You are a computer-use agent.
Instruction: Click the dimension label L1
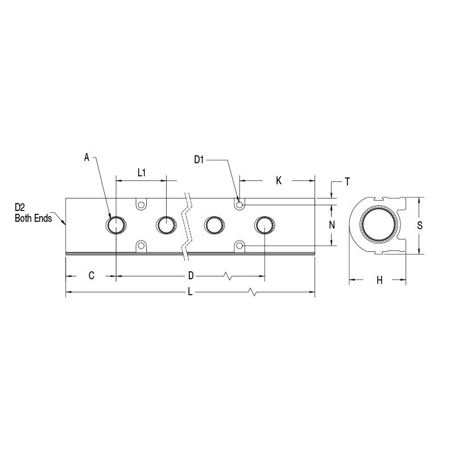(x=141, y=173)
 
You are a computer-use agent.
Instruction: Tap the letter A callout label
(x=86, y=158)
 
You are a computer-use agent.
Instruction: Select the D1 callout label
(x=199, y=160)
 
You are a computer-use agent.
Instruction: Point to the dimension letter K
(x=279, y=181)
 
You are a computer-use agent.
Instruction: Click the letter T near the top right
(x=348, y=182)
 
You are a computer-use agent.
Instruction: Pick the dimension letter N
(x=332, y=225)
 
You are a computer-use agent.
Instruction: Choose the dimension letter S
(x=420, y=225)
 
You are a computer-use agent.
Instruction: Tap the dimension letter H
(x=379, y=280)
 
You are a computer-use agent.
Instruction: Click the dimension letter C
(x=92, y=275)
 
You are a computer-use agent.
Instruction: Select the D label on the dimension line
(x=191, y=276)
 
